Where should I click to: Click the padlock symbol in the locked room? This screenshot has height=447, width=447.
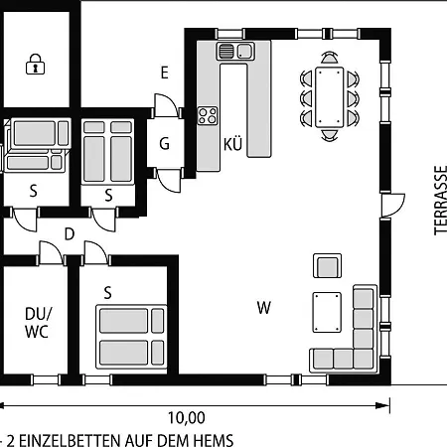pyautogui.click(x=35, y=64)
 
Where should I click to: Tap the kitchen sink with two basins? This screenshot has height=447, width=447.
pyautogui.click(x=235, y=51)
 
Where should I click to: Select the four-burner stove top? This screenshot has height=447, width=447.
pyautogui.click(x=208, y=115)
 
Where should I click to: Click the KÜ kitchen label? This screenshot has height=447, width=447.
pyautogui.click(x=232, y=144)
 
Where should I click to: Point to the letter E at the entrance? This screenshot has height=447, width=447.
pyautogui.click(x=164, y=73)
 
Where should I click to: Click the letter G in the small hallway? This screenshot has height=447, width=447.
pyautogui.click(x=164, y=144)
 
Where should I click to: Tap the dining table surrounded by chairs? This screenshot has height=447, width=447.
pyautogui.click(x=329, y=97)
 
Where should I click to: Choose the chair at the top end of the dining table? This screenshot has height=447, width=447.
pyautogui.click(x=329, y=58)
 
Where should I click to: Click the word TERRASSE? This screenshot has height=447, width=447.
pyautogui.click(x=440, y=201)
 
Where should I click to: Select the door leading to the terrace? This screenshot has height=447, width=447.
pyautogui.click(x=392, y=206)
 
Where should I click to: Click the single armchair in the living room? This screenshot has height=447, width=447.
pyautogui.click(x=327, y=266)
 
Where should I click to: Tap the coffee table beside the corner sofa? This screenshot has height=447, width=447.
pyautogui.click(x=327, y=312)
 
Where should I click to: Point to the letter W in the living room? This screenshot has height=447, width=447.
pyautogui.click(x=264, y=308)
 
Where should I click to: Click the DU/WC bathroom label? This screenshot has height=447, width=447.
pyautogui.click(x=38, y=323)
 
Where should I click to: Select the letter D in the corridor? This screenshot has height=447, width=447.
pyautogui.click(x=70, y=234)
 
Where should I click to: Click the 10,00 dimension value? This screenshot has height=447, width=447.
pyautogui.click(x=187, y=418)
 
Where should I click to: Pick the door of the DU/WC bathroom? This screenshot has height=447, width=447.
pyautogui.click(x=51, y=253)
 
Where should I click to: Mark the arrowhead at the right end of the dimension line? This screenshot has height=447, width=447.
pyautogui.click(x=383, y=405)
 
